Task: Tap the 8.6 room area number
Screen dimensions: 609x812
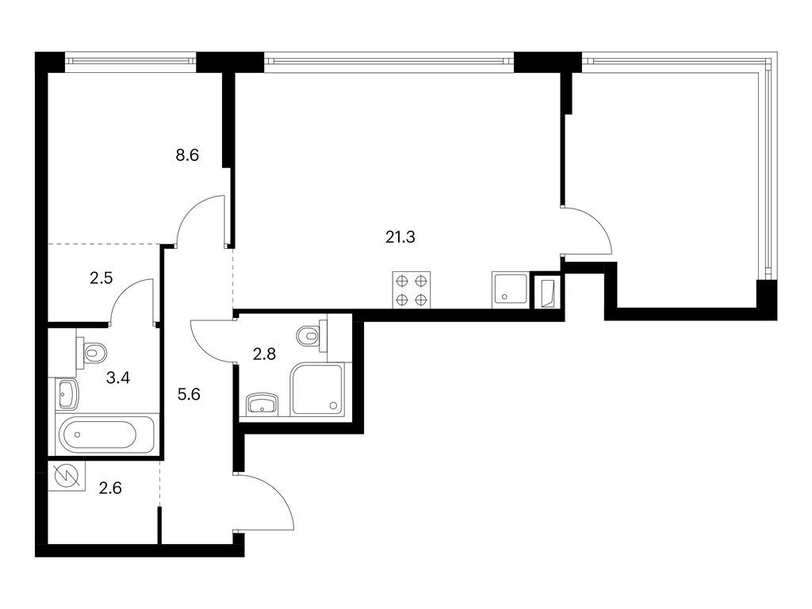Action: [x=186, y=155]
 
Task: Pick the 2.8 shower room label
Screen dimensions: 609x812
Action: [x=263, y=354]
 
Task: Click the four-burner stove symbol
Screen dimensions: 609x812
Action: [x=412, y=290]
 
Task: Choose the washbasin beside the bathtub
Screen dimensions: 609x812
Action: [x=67, y=393]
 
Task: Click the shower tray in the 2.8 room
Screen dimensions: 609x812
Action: [x=317, y=389]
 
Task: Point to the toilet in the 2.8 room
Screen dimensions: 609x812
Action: [x=310, y=337]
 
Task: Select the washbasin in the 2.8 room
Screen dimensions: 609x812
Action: [x=262, y=405]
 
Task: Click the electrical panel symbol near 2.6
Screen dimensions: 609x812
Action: [x=63, y=477]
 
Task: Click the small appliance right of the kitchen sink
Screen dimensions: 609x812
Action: [x=548, y=293]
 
